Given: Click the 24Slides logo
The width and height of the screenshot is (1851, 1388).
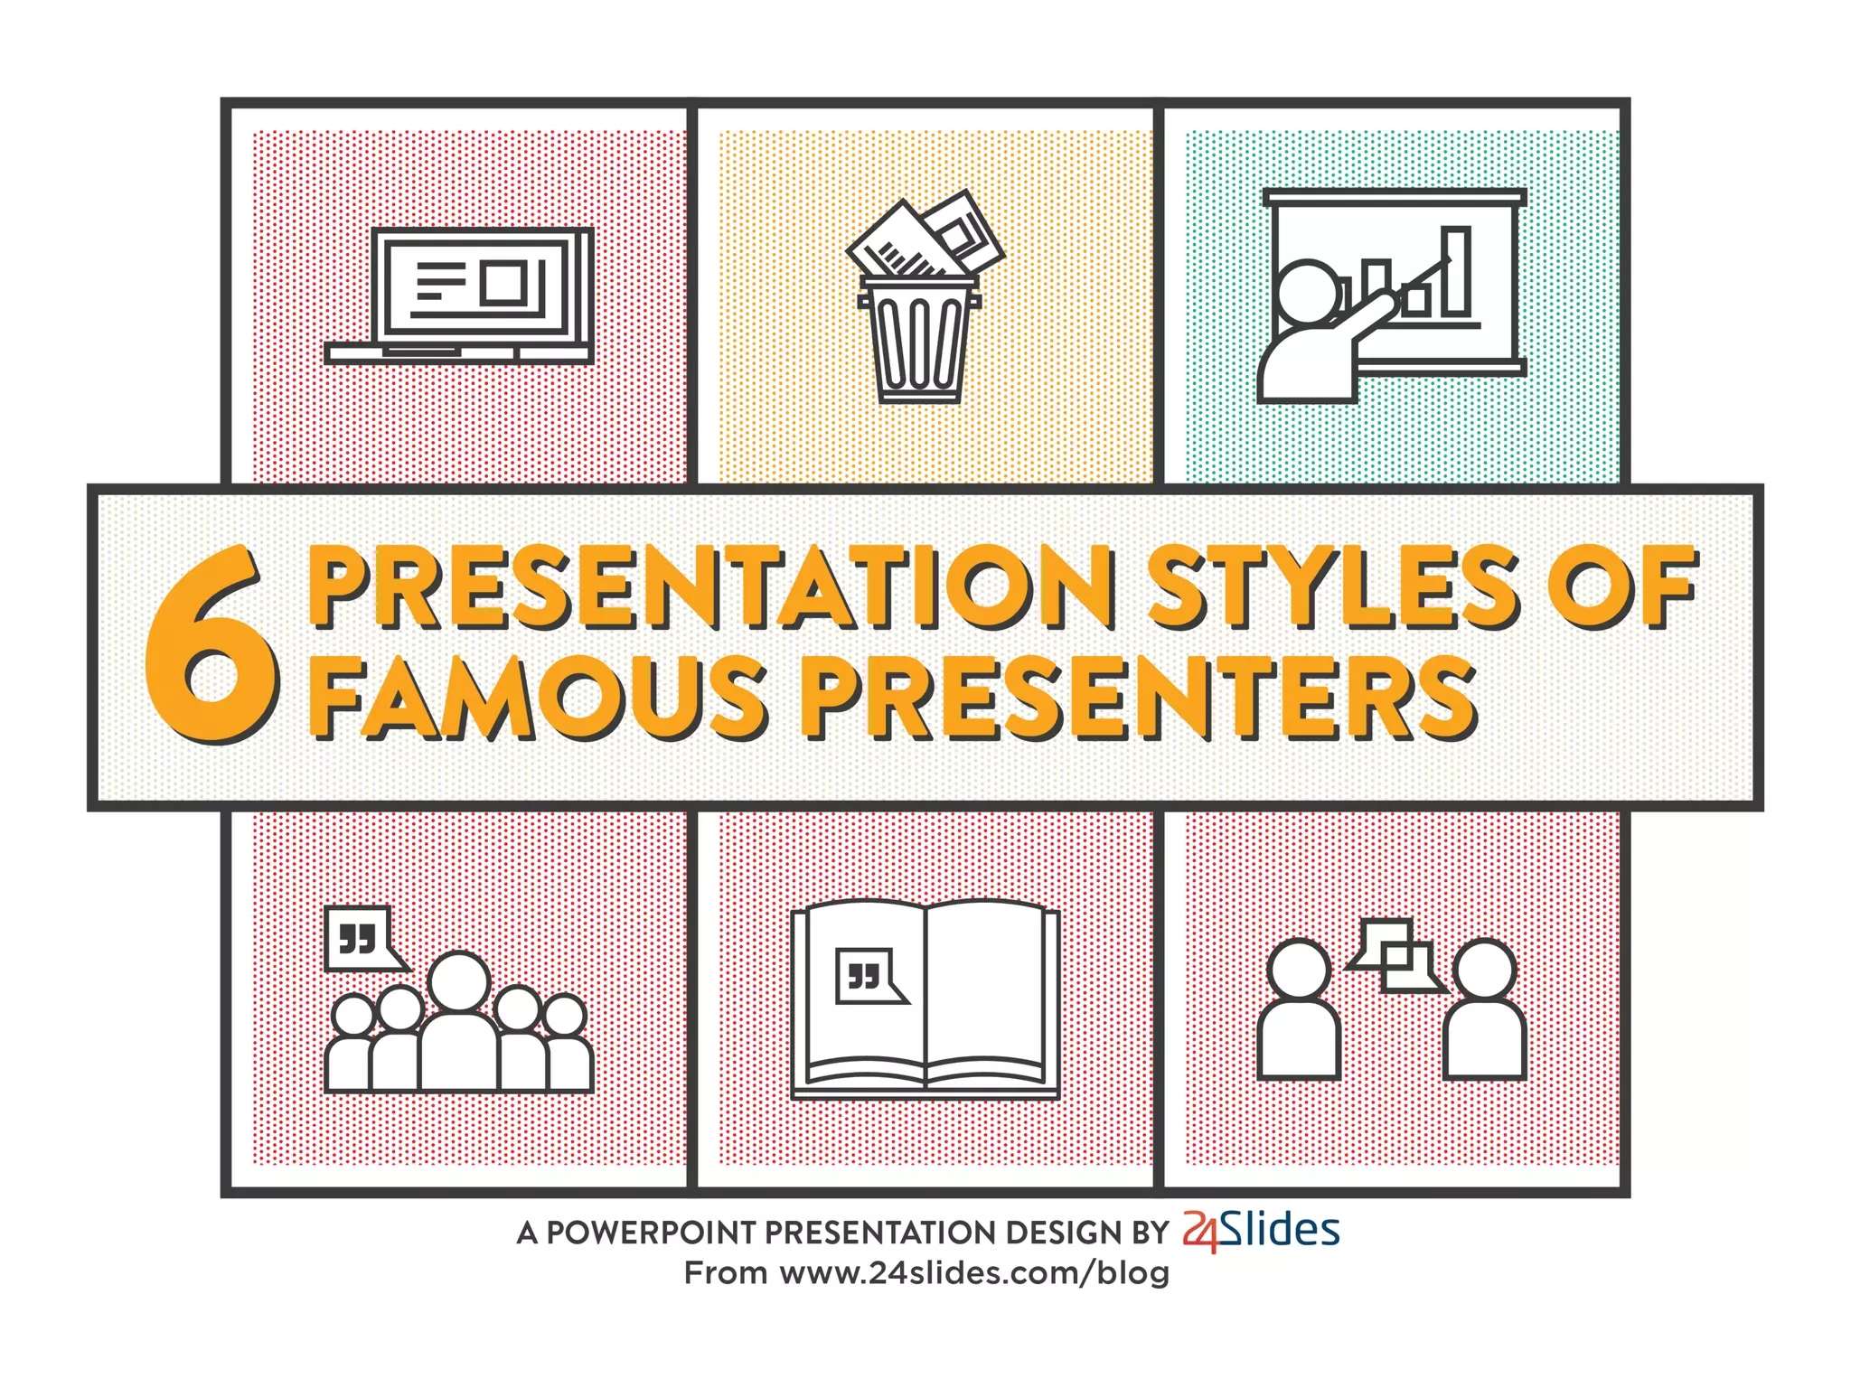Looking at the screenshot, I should point(1262,1231).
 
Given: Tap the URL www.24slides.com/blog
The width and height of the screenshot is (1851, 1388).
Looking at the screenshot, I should point(974,1273).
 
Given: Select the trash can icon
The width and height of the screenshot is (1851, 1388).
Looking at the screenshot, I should point(920,339).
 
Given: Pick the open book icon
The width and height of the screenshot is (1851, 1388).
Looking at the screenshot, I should point(925,999).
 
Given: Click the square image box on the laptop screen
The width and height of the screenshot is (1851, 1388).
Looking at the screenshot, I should point(503,282).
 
